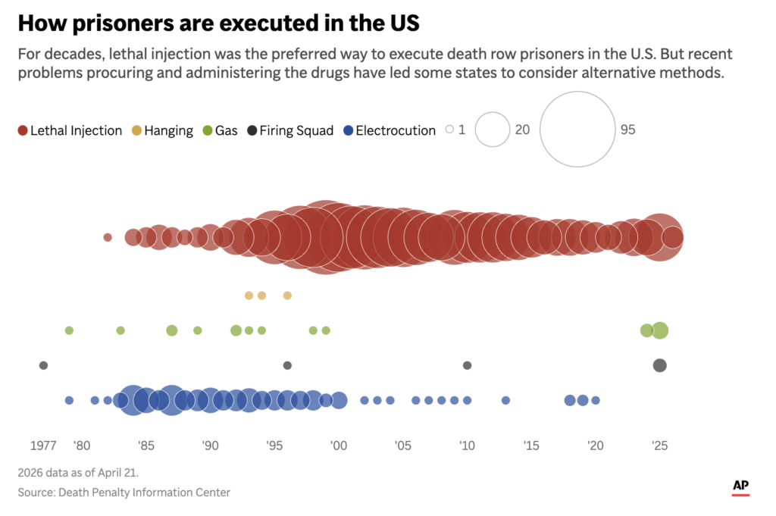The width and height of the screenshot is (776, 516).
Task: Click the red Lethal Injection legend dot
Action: [x=23, y=130]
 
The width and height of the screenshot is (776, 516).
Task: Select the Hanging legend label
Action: [x=168, y=130]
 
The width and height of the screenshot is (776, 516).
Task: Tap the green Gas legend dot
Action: [x=207, y=130]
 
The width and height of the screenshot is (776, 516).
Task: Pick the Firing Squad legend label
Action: [x=296, y=130]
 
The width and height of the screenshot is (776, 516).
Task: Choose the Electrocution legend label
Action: [x=396, y=130]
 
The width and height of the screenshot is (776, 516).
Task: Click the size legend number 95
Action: [x=627, y=130]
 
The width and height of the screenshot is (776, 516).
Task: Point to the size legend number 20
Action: [x=522, y=130]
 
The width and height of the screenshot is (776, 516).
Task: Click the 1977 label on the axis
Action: [x=43, y=446]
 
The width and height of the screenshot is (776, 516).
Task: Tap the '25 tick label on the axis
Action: [x=659, y=446]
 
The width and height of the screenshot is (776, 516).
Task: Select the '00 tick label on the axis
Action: [x=338, y=446]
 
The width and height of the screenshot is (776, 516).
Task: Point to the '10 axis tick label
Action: [x=466, y=446]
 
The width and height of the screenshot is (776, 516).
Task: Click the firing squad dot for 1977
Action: [x=43, y=365]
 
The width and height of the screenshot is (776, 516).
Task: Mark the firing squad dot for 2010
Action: [x=467, y=365]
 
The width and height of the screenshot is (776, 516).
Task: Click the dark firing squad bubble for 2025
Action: [x=660, y=365]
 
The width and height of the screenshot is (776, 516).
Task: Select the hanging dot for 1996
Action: [x=287, y=296]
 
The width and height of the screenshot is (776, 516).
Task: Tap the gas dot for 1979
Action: [x=69, y=330]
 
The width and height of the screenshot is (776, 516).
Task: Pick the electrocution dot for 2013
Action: [x=505, y=400]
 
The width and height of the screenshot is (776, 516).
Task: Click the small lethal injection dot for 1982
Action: [x=108, y=237]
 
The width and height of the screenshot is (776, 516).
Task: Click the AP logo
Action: [x=740, y=486]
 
